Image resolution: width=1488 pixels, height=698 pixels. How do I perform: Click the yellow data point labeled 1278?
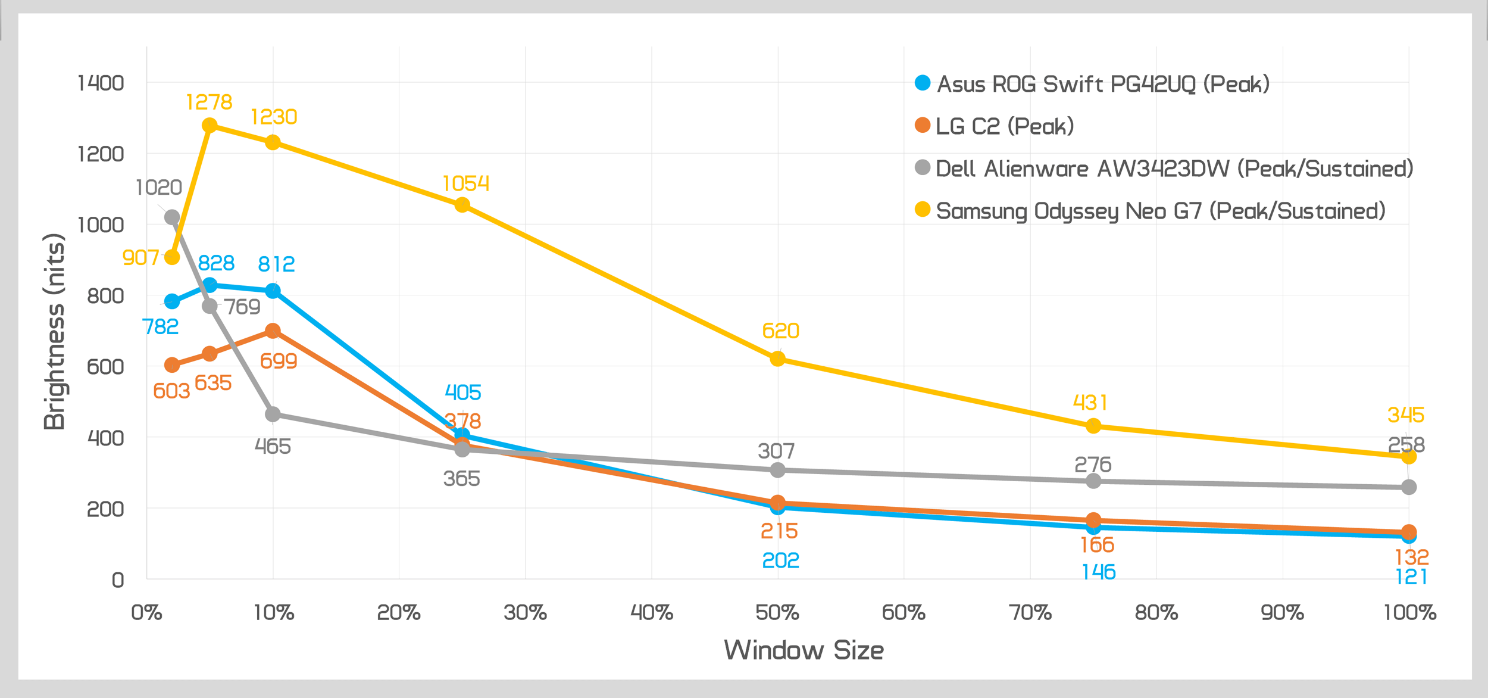coord(210,125)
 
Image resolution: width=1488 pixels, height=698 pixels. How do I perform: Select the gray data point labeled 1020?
coord(172,217)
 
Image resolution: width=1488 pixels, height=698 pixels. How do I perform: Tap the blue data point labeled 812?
coord(273,291)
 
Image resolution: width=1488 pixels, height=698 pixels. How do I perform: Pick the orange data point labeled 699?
coord(273,331)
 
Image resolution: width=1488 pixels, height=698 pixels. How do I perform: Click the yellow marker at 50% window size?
coord(777,359)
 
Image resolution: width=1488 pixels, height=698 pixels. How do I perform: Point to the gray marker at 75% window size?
coord(1093,481)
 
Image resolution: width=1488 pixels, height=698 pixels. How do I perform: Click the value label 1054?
coord(465,183)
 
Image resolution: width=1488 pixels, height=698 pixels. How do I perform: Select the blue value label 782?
coord(160,326)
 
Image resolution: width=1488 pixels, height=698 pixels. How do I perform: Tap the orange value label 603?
coord(171,391)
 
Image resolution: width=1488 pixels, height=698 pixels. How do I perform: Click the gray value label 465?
coord(273,446)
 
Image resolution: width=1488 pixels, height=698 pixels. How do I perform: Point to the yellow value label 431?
coord(1090,403)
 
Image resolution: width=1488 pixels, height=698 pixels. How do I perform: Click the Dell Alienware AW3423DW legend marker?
coord(923,168)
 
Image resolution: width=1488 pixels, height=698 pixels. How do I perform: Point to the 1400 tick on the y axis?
coord(101,83)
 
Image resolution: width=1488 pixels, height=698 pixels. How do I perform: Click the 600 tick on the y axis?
coord(105,366)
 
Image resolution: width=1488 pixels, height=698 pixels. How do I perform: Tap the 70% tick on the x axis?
coord(1030,613)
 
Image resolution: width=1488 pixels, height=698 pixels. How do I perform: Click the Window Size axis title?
coord(804,650)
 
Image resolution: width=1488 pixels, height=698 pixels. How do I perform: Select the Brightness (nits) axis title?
coord(54,331)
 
